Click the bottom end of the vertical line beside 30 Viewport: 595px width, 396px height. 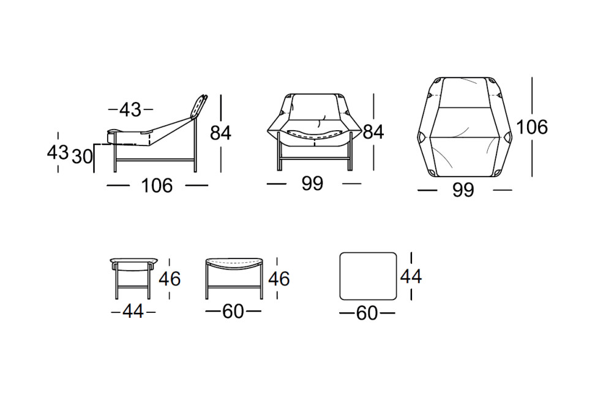(x=94, y=173)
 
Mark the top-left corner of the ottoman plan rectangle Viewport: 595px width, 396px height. (x=340, y=253)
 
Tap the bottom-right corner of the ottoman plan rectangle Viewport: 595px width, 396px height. (x=397, y=299)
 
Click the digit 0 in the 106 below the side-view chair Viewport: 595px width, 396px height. (x=157, y=186)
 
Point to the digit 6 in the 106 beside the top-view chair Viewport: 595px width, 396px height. (x=542, y=127)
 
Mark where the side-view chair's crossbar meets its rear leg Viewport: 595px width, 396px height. (x=195, y=159)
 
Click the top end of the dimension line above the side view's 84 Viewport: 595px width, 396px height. (x=221, y=95)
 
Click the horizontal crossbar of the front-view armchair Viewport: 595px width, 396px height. (x=315, y=156)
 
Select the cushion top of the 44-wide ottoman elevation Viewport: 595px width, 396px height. (x=134, y=260)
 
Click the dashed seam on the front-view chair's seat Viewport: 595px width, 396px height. (x=313, y=133)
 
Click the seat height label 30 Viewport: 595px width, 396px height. (x=83, y=156)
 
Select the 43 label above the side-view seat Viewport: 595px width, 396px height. (x=130, y=110)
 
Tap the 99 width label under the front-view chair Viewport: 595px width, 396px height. (x=313, y=184)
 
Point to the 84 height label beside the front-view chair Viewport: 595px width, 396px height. (x=373, y=132)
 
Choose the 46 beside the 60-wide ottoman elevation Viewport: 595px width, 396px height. (x=279, y=279)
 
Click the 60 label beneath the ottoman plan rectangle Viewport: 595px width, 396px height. (x=367, y=313)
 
